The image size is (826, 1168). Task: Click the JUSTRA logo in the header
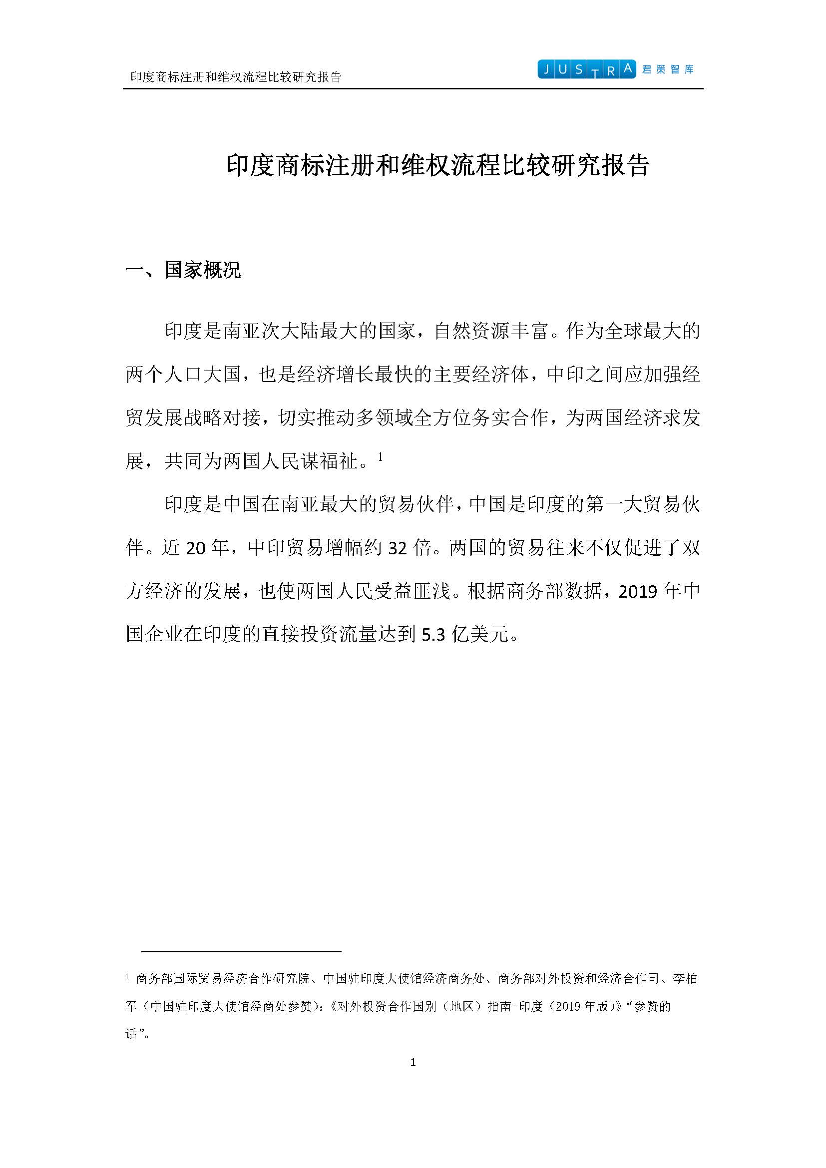pos(586,69)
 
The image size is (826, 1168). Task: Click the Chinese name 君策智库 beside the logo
pos(668,69)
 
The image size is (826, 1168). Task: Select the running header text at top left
pos(236,77)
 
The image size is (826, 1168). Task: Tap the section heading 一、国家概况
pos(183,270)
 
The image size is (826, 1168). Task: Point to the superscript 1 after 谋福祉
pos(380,457)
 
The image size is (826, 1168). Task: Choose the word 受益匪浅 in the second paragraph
pos(412,592)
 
